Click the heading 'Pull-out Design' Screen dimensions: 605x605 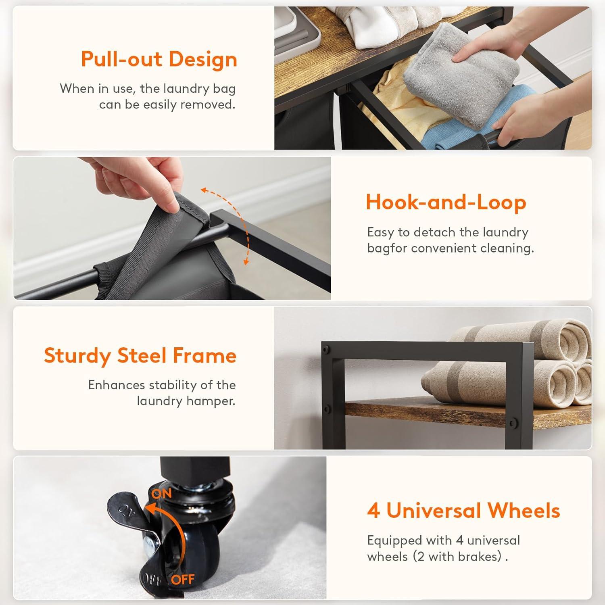click(x=159, y=59)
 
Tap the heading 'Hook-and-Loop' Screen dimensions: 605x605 click(x=446, y=202)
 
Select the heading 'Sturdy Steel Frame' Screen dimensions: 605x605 click(x=140, y=356)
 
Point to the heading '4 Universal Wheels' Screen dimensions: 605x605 click(x=463, y=510)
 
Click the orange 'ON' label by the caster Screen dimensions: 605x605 click(x=162, y=493)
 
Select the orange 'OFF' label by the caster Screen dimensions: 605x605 click(x=183, y=580)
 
